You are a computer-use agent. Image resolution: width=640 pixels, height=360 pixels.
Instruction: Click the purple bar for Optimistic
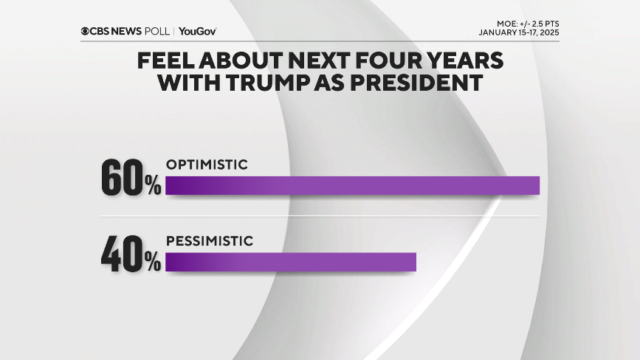click(x=352, y=185)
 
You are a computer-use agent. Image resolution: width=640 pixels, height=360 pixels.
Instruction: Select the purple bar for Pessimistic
click(x=291, y=262)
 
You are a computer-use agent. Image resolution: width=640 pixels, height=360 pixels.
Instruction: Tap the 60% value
click(x=131, y=179)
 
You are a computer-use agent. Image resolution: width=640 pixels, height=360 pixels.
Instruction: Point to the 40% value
click(x=131, y=256)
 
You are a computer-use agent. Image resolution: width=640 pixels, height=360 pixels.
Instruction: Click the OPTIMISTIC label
click(x=206, y=165)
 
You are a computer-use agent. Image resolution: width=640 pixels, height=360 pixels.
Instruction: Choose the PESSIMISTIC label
click(x=210, y=240)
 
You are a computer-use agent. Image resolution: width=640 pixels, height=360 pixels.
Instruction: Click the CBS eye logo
click(x=86, y=31)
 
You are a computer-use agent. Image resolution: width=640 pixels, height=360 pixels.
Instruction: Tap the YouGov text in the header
click(x=198, y=31)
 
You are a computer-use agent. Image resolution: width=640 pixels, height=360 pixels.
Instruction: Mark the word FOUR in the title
click(x=390, y=60)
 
